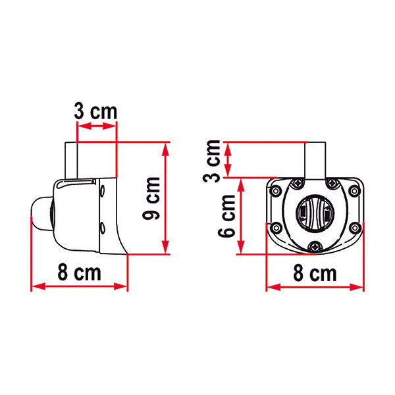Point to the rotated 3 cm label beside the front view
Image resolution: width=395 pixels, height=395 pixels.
point(213,160)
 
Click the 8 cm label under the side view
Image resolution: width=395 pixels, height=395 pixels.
point(79,273)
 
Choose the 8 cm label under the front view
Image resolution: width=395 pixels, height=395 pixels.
point(315,273)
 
